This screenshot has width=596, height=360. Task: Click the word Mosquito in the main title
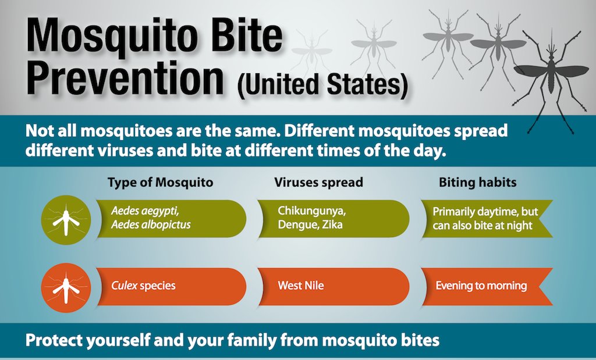click(112, 37)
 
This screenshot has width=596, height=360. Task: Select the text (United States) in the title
click(322, 84)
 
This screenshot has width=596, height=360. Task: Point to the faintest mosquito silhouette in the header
click(312, 53)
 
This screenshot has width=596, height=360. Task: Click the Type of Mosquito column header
click(160, 182)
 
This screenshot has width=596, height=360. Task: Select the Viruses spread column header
click(318, 182)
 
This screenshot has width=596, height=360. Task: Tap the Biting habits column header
click(477, 182)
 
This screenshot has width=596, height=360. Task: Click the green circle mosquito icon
click(66, 220)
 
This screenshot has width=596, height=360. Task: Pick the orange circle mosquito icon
click(66, 288)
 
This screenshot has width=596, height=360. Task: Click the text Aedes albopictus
click(151, 225)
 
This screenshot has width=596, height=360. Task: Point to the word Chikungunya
click(312, 211)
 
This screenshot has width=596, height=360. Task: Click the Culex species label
click(143, 286)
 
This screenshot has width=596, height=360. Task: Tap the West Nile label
click(301, 285)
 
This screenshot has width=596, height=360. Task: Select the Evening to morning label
click(481, 286)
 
